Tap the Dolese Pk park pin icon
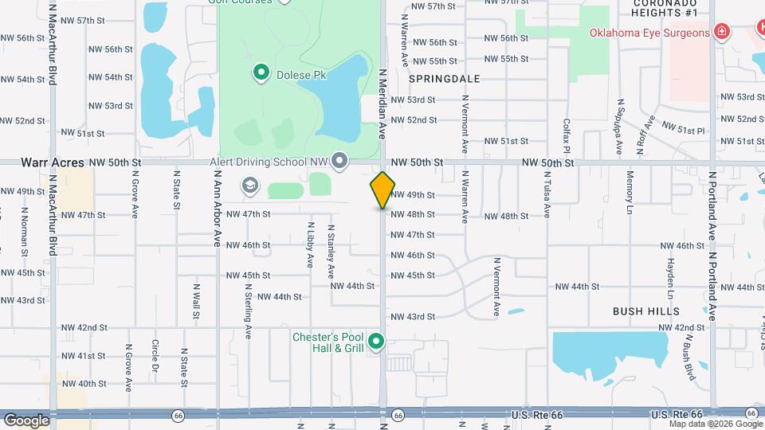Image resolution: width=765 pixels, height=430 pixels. tap(261, 74)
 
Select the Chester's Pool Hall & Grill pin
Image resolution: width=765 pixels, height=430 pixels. tap(377, 342)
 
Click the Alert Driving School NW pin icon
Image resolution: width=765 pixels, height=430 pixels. tap(340, 162)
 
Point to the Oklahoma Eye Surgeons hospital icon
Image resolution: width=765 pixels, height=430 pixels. tap(721, 33)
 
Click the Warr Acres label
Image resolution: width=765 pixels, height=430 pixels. tap(53, 162)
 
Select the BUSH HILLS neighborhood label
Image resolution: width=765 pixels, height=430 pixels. tap(646, 311)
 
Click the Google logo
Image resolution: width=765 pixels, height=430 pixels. tap(26, 420)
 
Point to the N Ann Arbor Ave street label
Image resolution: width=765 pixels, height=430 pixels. tap(217, 216)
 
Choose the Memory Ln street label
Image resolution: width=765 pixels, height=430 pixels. tap(630, 190)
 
